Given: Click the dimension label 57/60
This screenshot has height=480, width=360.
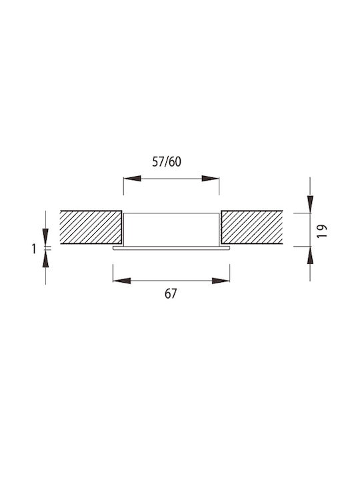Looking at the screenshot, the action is pos(167,161).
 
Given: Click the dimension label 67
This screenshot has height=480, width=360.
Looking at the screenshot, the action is pos(171,294).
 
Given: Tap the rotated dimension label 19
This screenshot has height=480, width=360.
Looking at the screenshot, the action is pos(322,231).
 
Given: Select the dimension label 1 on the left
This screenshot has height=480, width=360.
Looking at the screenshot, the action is pos(34,249).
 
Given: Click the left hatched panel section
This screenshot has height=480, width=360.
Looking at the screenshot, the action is pos(91,227).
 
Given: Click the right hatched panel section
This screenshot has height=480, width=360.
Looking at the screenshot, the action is pos(251,227).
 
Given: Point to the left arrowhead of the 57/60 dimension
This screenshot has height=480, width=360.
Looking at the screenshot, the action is pos(132,179).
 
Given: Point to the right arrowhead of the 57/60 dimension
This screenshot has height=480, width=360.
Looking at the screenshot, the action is pos(210,179).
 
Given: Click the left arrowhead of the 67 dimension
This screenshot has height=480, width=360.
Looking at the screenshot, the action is pos(122,281).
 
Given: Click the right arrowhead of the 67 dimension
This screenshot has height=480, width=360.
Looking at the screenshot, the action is pos(221,281).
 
